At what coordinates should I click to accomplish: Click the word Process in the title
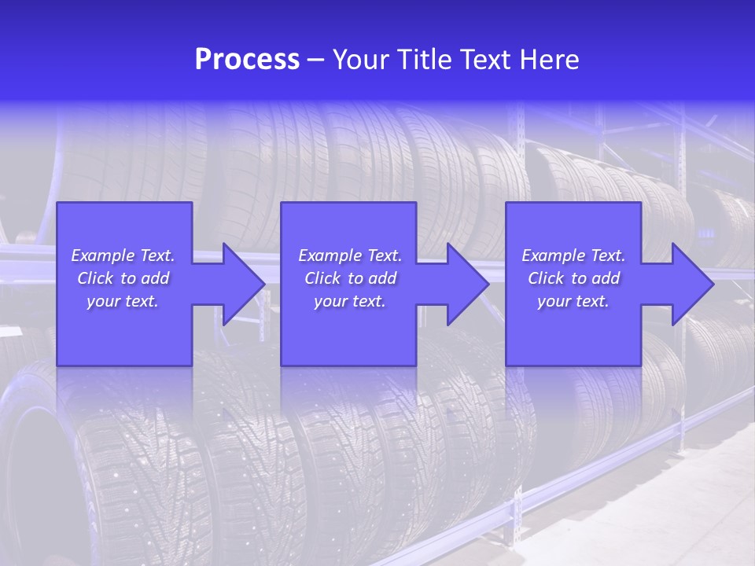247,60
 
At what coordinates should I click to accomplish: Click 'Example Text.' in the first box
123,255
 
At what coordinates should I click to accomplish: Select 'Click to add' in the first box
123,278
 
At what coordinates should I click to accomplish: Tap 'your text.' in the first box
123,301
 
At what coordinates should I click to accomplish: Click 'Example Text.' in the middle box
350,255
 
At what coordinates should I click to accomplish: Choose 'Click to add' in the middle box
350,278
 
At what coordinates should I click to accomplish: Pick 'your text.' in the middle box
350,301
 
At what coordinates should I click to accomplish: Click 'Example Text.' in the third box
573,255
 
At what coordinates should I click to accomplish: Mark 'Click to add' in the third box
573,278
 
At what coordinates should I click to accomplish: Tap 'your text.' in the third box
573,301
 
